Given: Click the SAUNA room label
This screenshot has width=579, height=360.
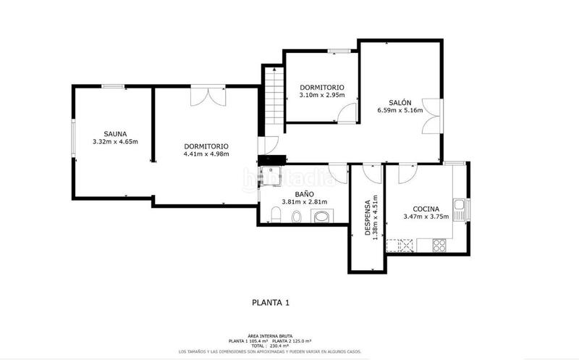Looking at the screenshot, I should pyautogui.click(x=115, y=133).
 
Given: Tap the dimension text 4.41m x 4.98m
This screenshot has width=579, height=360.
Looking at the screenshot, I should pyautogui.click(x=206, y=154).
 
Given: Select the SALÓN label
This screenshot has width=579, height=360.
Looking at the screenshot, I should pyautogui.click(x=399, y=102).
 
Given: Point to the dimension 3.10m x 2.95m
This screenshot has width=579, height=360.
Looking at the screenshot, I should pyautogui.click(x=322, y=95).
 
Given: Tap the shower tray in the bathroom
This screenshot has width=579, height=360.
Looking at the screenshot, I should pyautogui.click(x=271, y=175).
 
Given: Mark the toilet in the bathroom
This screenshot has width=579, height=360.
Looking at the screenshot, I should pyautogui.click(x=276, y=214).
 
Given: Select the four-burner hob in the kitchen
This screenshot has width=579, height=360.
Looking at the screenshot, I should pyautogui.click(x=439, y=245).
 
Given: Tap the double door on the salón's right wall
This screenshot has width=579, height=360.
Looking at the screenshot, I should pyautogui.click(x=433, y=114).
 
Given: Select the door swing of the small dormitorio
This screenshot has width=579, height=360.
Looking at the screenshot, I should pyautogui.click(x=348, y=112).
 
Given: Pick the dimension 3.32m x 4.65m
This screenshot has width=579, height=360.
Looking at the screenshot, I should pyautogui.click(x=115, y=141).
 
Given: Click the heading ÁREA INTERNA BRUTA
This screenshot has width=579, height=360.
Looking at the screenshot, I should pyautogui.click(x=271, y=335).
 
